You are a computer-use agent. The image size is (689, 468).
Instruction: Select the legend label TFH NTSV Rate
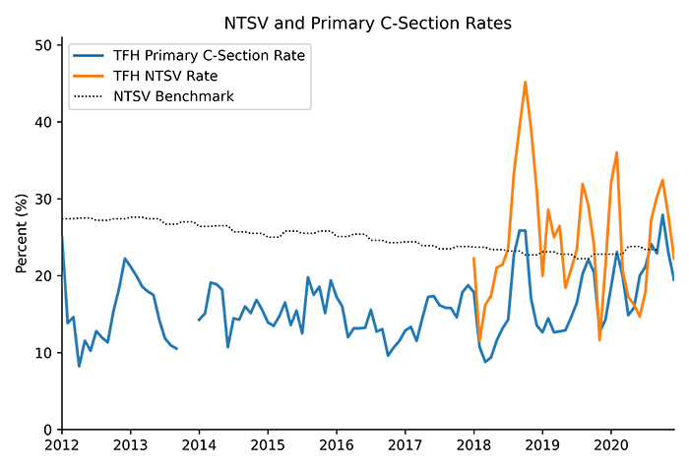(173, 76)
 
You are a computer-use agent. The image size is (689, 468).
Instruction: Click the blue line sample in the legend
(88, 56)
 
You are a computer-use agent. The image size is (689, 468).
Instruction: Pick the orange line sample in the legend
(88, 76)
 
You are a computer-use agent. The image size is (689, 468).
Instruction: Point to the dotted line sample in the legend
(88, 96)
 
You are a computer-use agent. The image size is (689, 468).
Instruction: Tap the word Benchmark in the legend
(199, 96)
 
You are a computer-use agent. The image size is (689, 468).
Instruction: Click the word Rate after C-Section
(289, 56)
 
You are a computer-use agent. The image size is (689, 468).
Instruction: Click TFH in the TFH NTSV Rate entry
(127, 76)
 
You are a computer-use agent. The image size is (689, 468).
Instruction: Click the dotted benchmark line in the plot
(571, 253)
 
